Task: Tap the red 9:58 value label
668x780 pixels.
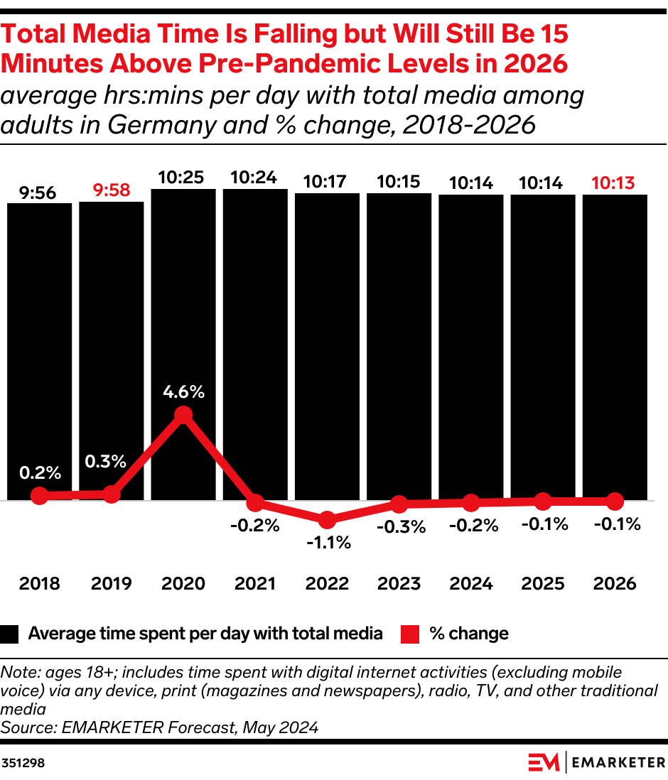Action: click(x=112, y=190)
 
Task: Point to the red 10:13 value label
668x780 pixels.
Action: click(x=615, y=183)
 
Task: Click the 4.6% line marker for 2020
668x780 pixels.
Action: click(x=183, y=415)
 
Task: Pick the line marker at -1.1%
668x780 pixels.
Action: click(x=327, y=520)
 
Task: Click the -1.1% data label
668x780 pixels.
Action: click(x=328, y=543)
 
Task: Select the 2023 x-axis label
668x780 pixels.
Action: click(x=399, y=584)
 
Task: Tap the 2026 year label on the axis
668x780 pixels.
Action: click(x=615, y=584)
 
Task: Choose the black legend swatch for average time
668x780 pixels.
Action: click(x=11, y=634)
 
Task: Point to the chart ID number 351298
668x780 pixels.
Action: click(x=23, y=763)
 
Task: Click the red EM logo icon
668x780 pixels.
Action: click(x=544, y=762)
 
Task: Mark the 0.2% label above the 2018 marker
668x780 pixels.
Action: click(x=40, y=472)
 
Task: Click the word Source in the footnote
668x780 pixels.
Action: click(x=22, y=727)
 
